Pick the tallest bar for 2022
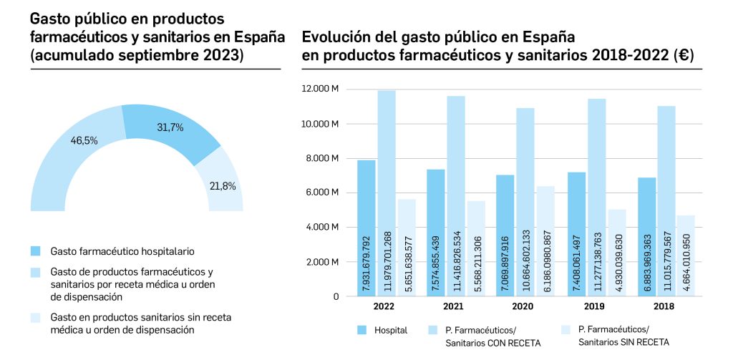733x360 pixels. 387,193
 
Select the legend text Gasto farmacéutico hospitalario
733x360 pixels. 122,251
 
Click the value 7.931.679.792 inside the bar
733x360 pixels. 366,261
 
